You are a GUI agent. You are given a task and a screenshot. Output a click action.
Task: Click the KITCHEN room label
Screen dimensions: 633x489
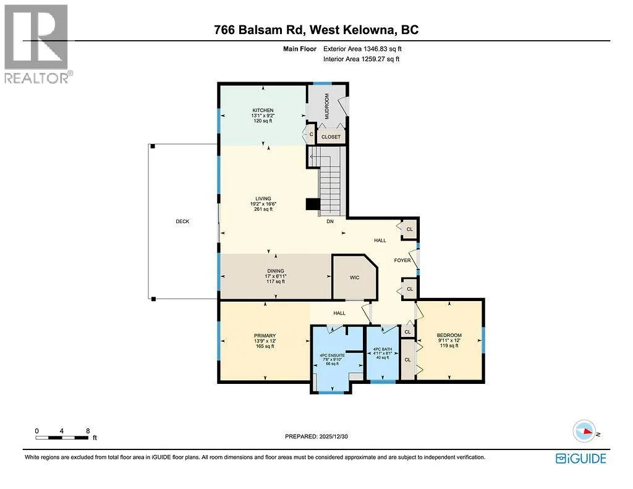coord(263,110)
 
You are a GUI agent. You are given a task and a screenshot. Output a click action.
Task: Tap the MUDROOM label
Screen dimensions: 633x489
coord(327,106)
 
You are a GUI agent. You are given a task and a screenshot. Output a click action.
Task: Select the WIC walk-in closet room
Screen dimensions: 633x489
coord(354,278)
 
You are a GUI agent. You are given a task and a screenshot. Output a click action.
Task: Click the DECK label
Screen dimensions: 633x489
coord(182,221)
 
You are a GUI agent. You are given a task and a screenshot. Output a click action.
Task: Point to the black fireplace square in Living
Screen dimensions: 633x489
coord(312,205)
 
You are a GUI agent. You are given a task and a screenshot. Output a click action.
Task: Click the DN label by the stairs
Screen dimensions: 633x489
coord(330,221)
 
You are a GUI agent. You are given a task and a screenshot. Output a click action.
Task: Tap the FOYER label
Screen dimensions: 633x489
coord(402,260)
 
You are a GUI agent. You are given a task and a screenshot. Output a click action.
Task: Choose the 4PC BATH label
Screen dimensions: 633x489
coord(382,349)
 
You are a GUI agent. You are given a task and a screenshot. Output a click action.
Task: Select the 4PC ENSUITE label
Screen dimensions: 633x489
coord(332,355)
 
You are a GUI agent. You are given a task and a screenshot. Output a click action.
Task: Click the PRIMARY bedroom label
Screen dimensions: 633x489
coord(265,336)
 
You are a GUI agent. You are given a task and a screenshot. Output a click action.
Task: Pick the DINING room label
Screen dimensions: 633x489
coord(276,271)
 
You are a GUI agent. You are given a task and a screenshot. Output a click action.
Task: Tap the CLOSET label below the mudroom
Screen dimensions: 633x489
coord(331,137)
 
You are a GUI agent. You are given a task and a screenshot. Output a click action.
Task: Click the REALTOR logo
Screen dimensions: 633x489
coord(37,44)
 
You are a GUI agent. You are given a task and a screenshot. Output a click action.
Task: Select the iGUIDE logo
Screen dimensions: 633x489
coord(581,459)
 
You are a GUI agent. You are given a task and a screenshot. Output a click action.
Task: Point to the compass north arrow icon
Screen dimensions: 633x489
coord(585,432)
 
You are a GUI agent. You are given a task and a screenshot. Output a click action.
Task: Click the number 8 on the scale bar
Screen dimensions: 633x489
coord(88,431)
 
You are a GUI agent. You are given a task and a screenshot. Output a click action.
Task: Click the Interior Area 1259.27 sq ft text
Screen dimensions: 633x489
coord(361,59)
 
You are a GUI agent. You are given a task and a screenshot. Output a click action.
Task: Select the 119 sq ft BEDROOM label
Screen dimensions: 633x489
coord(449,346)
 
